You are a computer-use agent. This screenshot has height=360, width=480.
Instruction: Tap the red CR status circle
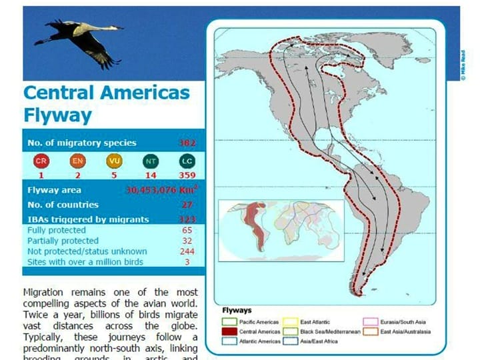(x=41, y=161)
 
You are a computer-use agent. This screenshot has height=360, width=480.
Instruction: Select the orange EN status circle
(x=77, y=161)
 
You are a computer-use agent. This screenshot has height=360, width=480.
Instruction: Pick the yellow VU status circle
(x=114, y=161)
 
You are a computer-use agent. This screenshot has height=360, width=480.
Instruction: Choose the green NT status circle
(x=151, y=161)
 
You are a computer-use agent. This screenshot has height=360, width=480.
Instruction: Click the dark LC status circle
(x=187, y=161)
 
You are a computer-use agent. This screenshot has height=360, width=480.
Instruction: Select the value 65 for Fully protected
(x=187, y=230)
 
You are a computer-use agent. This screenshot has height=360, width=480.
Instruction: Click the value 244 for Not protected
(x=187, y=251)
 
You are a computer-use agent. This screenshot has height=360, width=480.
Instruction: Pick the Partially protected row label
(x=63, y=241)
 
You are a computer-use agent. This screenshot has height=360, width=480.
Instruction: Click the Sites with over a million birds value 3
(x=187, y=262)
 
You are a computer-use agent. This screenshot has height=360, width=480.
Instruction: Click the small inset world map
(x=281, y=230)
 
